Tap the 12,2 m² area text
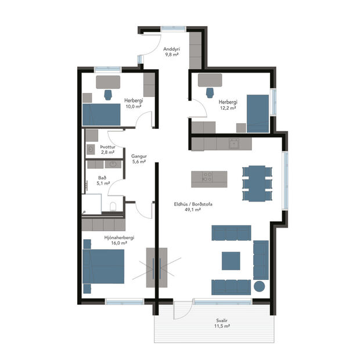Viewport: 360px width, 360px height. pyautogui.click(x=227, y=107)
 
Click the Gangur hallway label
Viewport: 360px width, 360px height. pyautogui.click(x=138, y=156)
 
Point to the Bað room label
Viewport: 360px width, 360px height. pyautogui.click(x=102, y=177)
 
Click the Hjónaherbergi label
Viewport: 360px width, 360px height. pyautogui.click(x=119, y=237)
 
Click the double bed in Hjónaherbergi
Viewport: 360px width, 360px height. pyautogui.click(x=103, y=265)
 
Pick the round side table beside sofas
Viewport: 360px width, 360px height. pyautogui.click(x=260, y=286)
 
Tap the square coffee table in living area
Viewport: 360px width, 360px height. pyautogui.click(x=230, y=260)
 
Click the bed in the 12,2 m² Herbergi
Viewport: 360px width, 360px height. pyautogui.click(x=258, y=112)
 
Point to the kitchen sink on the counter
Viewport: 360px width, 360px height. pyautogui.click(x=235, y=143)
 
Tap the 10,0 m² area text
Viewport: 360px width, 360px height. pyautogui.click(x=133, y=107)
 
